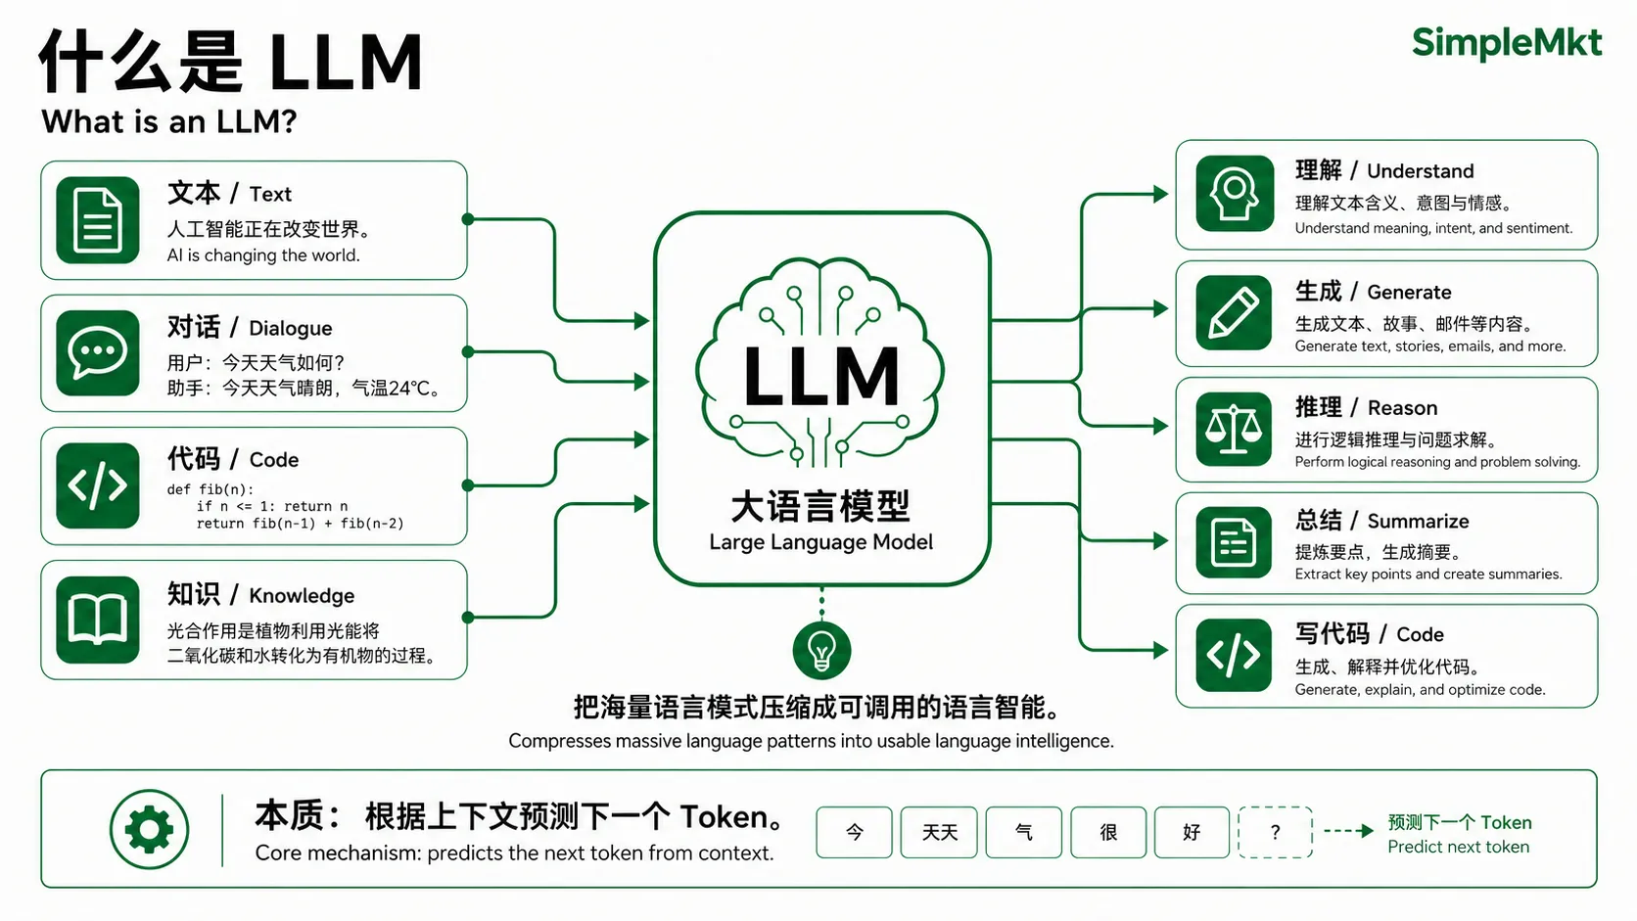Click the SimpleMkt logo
(1507, 43)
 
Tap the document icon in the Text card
(98, 220)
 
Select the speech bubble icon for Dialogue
(98, 352)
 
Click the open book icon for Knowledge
(98, 621)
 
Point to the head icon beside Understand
(1235, 194)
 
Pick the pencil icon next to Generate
(1235, 312)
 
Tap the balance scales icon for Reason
(1235, 429)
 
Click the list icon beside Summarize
(1235, 542)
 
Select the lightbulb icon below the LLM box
(821, 650)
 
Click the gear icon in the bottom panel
(149, 830)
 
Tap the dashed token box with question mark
(1276, 832)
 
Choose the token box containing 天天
(939, 832)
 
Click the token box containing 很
(1108, 832)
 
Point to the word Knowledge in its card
(302, 596)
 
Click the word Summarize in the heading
(1418, 522)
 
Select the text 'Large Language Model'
(820, 542)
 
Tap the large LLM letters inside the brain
(821, 376)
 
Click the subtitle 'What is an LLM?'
(169, 121)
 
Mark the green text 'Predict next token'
(1459, 848)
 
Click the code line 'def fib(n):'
(210, 489)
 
